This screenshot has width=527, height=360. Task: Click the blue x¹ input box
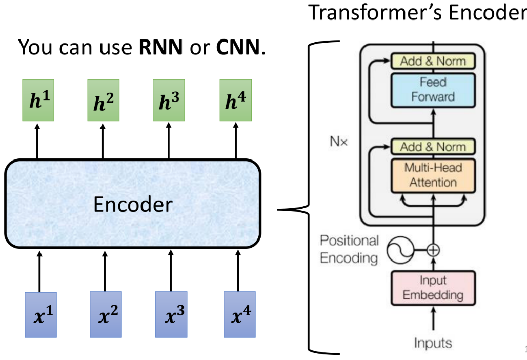pyautogui.click(x=41, y=314)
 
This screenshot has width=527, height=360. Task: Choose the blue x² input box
pyautogui.click(x=106, y=314)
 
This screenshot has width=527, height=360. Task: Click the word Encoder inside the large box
pyautogui.click(x=133, y=205)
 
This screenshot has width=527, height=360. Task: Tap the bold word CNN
pyautogui.click(x=238, y=48)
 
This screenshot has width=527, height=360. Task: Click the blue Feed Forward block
pyautogui.click(x=433, y=90)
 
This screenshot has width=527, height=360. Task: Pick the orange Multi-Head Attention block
pyautogui.click(x=433, y=175)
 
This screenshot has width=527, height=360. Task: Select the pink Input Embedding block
pyautogui.click(x=433, y=288)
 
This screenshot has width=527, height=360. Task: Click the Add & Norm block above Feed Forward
pyautogui.click(x=433, y=62)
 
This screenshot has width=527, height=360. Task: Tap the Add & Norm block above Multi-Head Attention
pyautogui.click(x=433, y=147)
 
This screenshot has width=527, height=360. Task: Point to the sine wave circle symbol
pyautogui.click(x=398, y=250)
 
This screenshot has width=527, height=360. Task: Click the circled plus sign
pyautogui.click(x=433, y=250)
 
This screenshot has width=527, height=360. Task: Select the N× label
pyautogui.click(x=339, y=141)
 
